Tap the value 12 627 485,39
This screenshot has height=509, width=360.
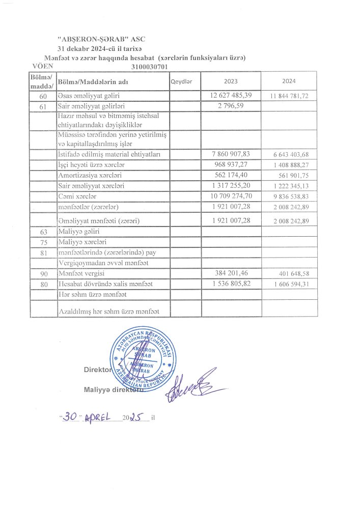point(231,96)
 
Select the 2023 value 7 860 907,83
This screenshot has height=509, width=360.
point(231,154)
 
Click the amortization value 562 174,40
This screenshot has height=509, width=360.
point(231,175)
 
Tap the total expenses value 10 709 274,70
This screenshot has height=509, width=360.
point(231,196)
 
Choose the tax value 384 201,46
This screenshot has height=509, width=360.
point(231,273)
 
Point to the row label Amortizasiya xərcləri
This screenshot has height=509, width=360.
point(88,175)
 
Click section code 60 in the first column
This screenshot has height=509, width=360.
point(43,96)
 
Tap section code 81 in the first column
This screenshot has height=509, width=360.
point(43,252)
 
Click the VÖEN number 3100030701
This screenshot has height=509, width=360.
point(149,66)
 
